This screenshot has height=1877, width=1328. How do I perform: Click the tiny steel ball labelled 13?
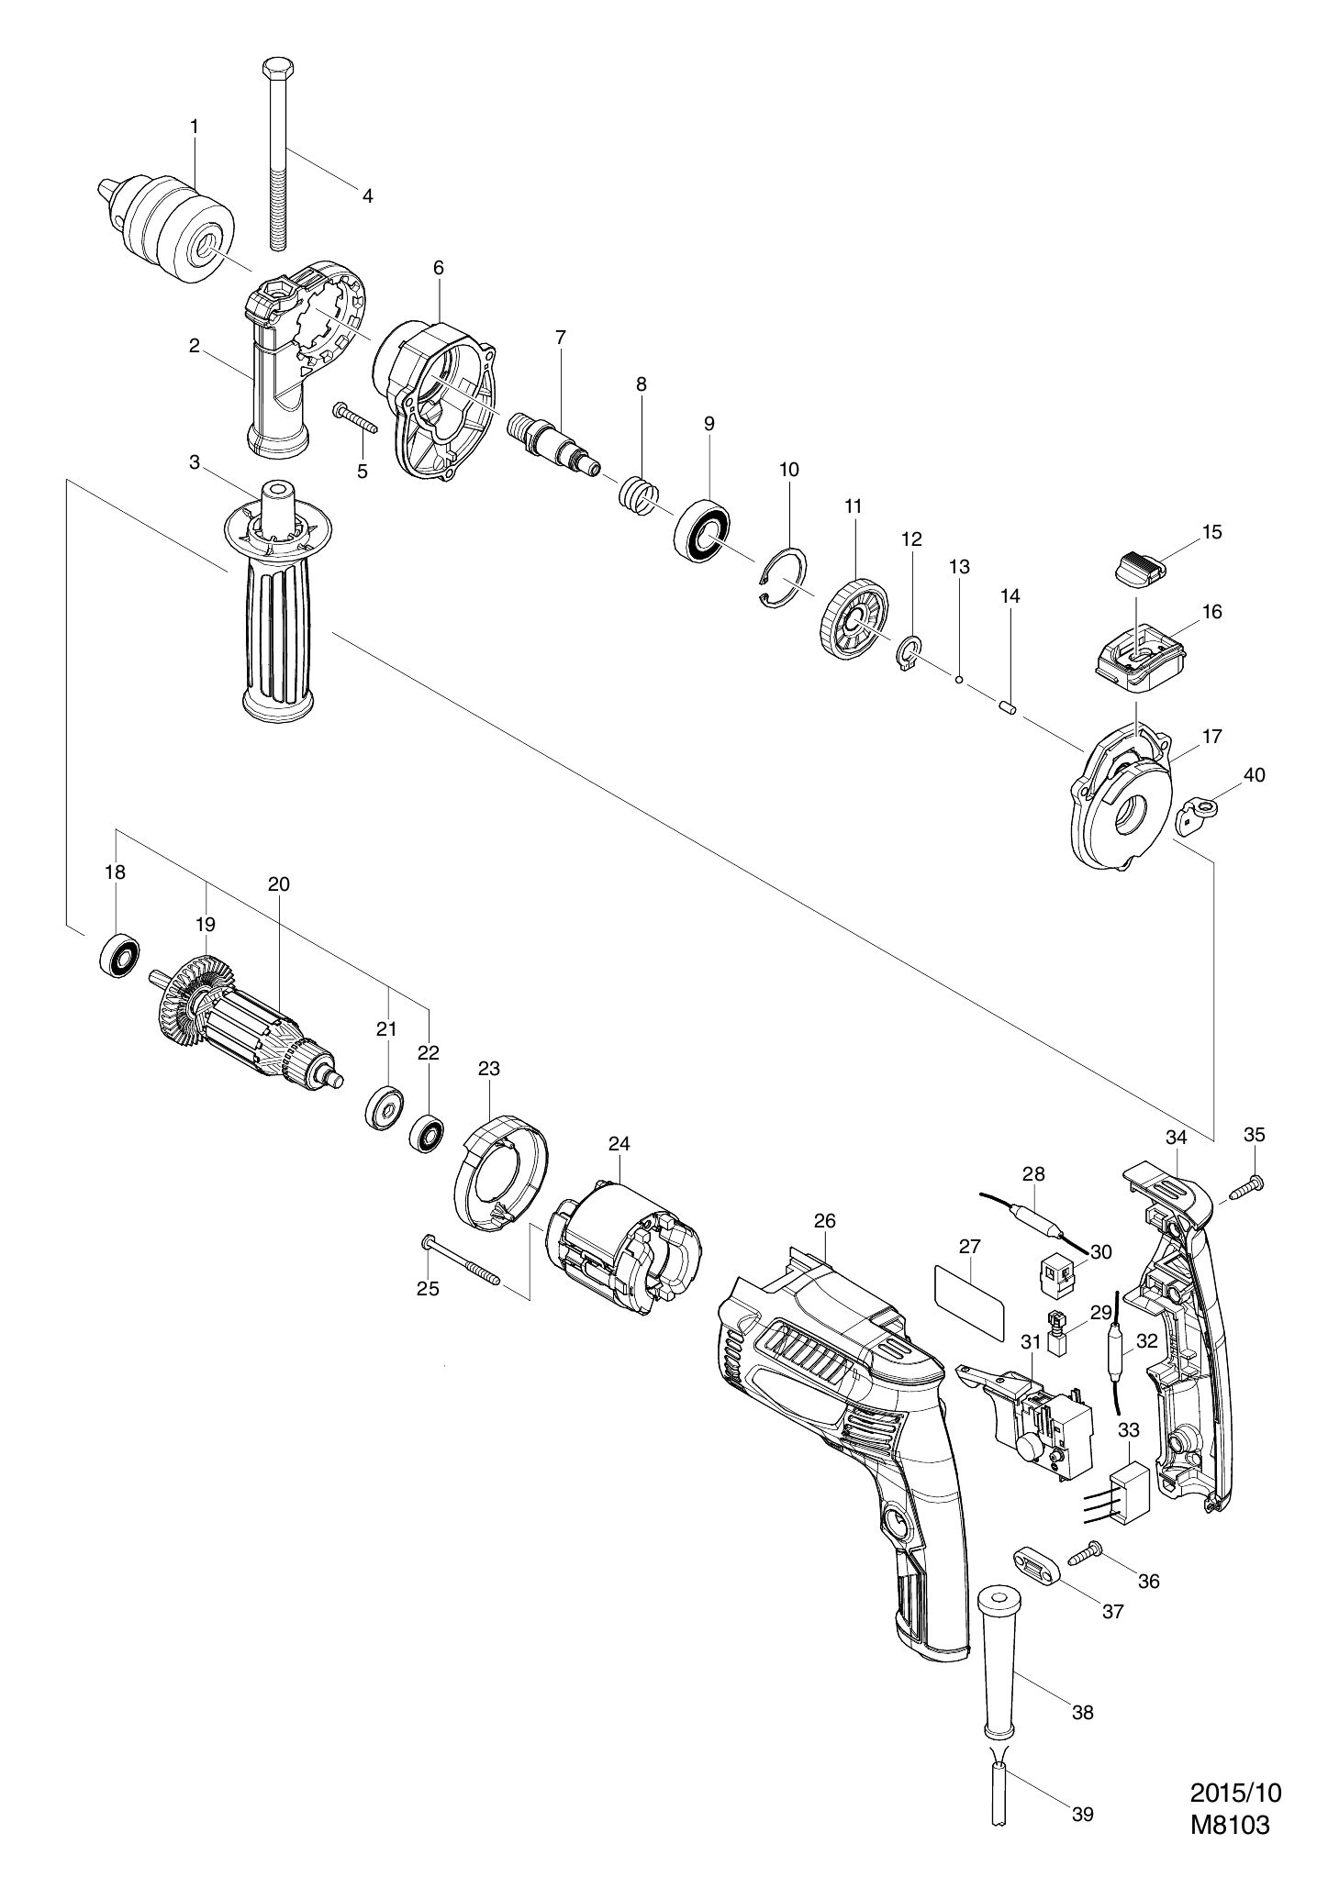tap(958, 680)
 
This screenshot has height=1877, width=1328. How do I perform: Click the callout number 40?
tap(1254, 775)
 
